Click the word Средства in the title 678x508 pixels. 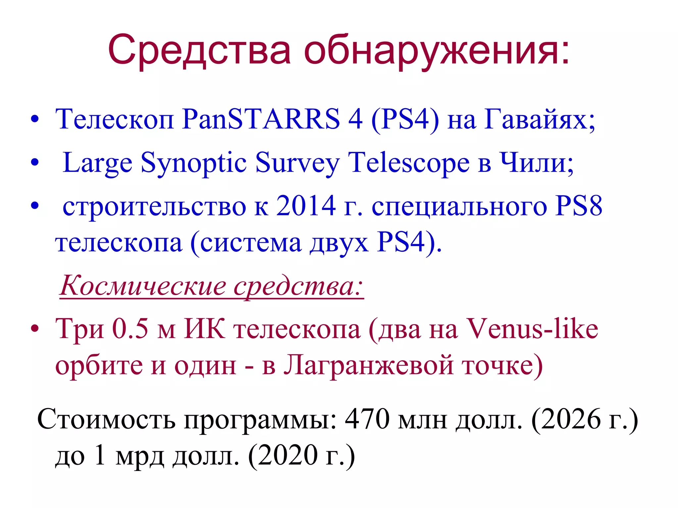tap(199, 50)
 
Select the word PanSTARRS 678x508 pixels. tap(261, 119)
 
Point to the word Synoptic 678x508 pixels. tap(194, 163)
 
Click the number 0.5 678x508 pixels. tap(130, 329)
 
